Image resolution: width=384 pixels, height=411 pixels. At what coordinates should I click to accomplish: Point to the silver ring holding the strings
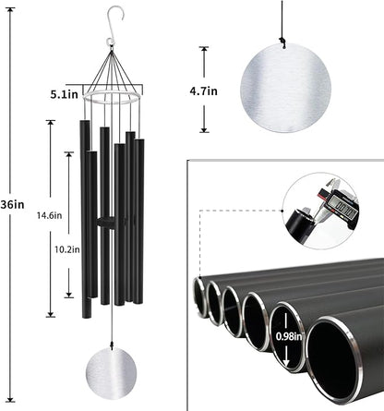(x=112, y=95)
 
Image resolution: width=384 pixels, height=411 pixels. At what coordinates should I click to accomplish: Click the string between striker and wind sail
(x=112, y=323)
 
